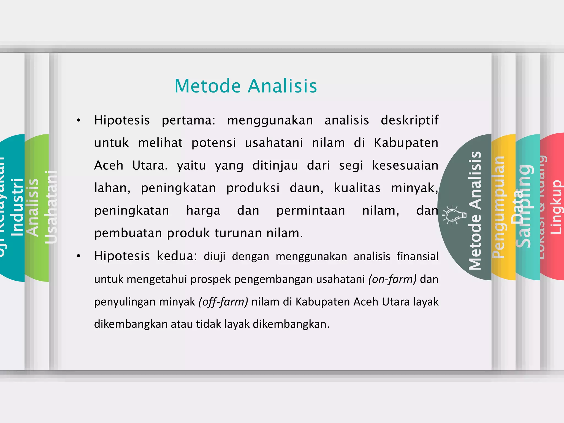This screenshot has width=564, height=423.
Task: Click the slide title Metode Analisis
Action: (x=246, y=86)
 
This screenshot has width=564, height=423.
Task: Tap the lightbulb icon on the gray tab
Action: (x=454, y=215)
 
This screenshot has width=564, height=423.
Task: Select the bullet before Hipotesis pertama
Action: (x=79, y=120)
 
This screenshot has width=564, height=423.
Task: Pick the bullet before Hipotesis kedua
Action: (x=79, y=256)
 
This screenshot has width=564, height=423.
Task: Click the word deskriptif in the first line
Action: (x=410, y=120)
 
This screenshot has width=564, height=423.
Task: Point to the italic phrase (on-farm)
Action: (x=392, y=279)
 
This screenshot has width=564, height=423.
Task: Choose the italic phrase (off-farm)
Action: (x=223, y=302)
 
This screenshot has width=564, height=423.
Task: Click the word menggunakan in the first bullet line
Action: (x=270, y=120)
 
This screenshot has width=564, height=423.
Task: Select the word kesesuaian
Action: (x=405, y=166)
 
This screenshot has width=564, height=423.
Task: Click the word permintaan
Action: (x=311, y=211)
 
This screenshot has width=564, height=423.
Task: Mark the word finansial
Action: (x=417, y=256)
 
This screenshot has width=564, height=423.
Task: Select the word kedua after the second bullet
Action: (x=175, y=256)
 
